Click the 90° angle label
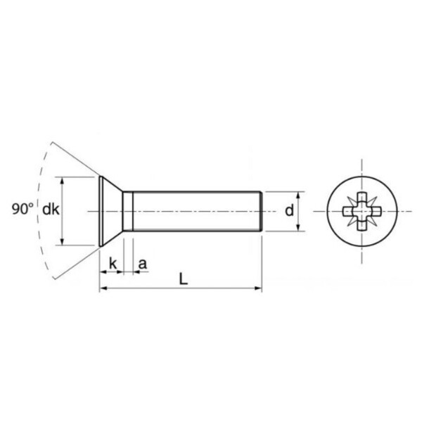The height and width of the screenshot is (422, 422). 23,209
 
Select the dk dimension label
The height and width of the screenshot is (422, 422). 51,209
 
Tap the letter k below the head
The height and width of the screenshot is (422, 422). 113,264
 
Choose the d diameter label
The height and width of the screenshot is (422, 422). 289,210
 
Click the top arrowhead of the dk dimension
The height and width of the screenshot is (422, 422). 62,181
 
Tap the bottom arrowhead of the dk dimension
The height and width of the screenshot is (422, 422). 62,241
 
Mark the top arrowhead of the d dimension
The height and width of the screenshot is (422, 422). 298,196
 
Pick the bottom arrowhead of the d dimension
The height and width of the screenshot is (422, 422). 298,227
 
